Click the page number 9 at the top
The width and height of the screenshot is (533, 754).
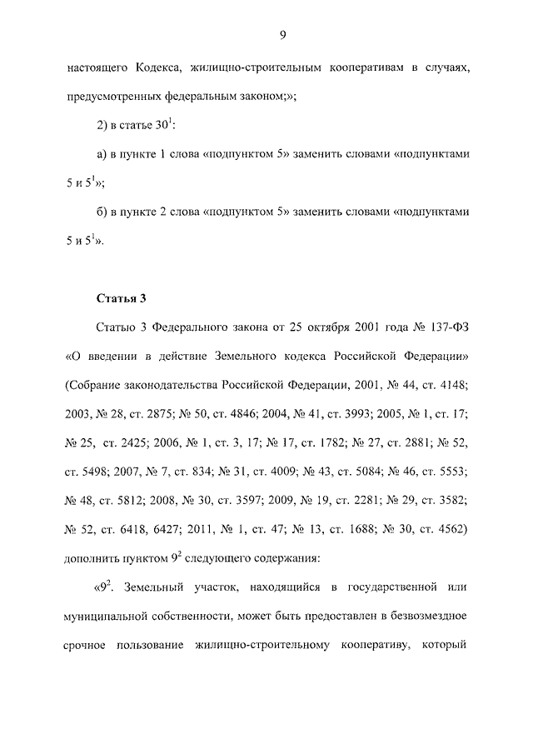click(283, 34)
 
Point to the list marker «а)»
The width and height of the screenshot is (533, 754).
click(102, 155)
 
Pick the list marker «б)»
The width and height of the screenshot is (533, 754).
click(102, 212)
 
